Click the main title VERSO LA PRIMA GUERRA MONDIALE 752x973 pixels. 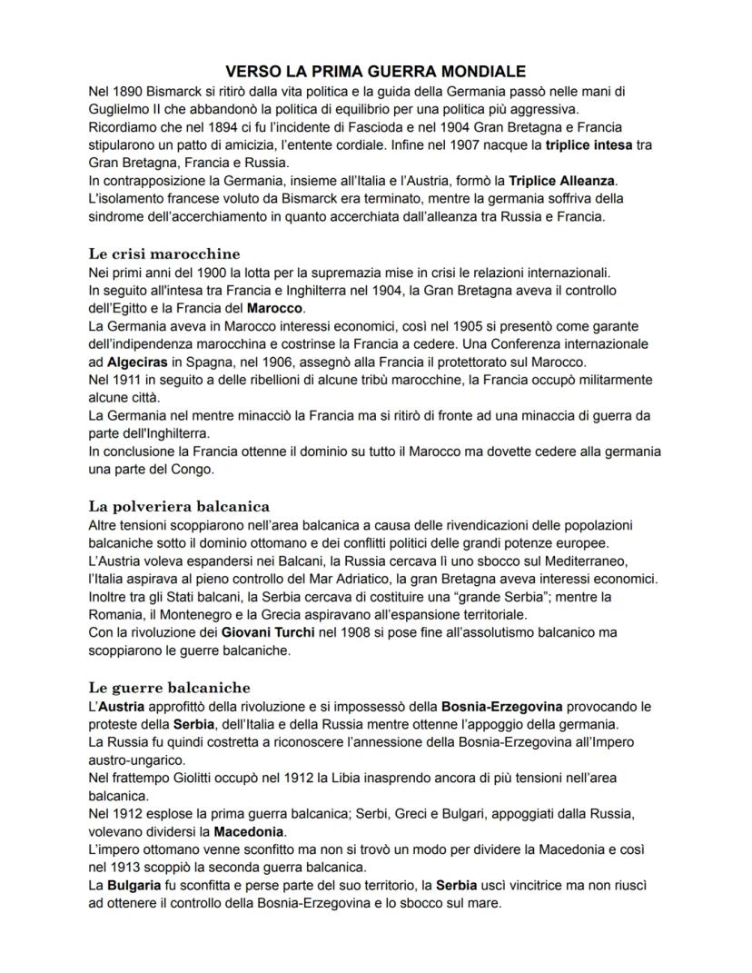(x=375, y=71)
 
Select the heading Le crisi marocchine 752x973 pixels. (x=163, y=253)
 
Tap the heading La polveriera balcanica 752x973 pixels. (x=179, y=505)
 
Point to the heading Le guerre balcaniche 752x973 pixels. (x=169, y=687)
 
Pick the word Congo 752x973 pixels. (x=189, y=470)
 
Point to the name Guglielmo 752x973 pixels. (x=118, y=108)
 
